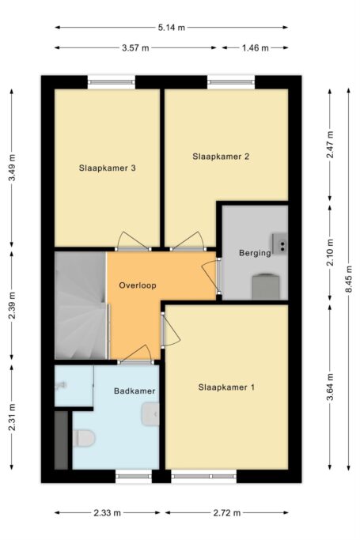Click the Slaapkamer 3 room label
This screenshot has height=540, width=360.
[x=107, y=168]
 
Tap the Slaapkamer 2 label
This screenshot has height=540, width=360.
[x=221, y=157]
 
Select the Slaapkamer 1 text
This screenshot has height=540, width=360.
[x=226, y=387]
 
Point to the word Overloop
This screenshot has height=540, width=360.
[x=138, y=285]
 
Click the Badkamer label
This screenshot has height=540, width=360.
[x=135, y=391]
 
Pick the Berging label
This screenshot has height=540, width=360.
[x=255, y=253]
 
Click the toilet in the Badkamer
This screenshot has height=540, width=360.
[x=84, y=438]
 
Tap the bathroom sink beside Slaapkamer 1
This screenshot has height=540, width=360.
[x=150, y=413]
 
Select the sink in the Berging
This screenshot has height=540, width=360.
[x=279, y=244]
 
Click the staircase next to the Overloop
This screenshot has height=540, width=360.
[x=81, y=305]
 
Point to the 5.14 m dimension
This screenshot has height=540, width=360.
[x=172, y=28]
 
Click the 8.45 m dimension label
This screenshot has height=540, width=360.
[x=349, y=279]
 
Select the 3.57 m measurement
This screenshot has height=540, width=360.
[x=135, y=48]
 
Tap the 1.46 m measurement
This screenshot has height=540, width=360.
[x=255, y=48]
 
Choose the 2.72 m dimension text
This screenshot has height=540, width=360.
[x=226, y=513]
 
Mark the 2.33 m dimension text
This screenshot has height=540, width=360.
[x=107, y=513]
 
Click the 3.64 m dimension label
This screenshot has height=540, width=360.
[x=330, y=387]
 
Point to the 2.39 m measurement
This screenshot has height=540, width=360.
[x=12, y=305]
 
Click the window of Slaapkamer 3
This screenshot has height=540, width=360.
[x=112, y=82]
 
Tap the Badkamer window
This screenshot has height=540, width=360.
[x=134, y=476]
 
